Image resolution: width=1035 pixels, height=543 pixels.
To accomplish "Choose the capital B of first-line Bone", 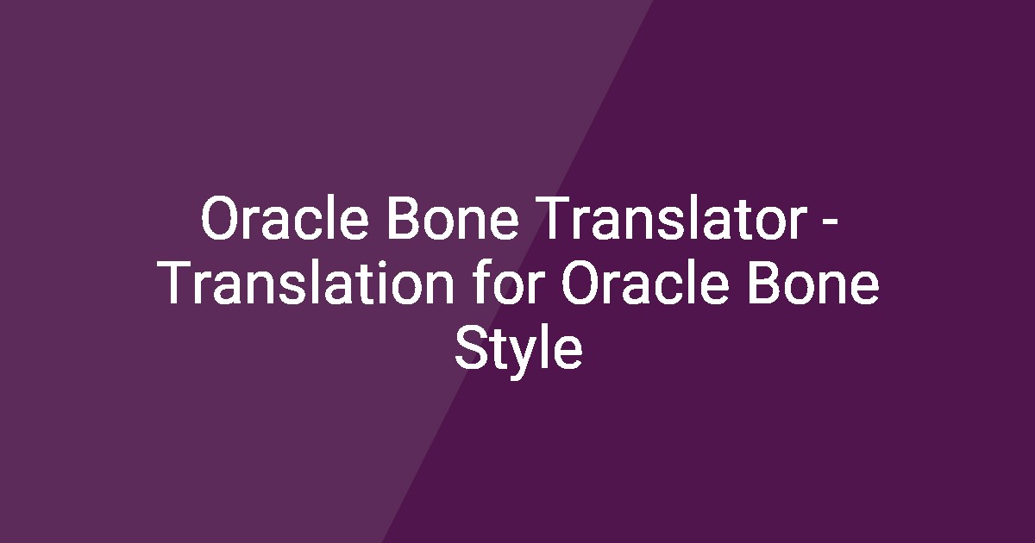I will coord(402,221).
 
